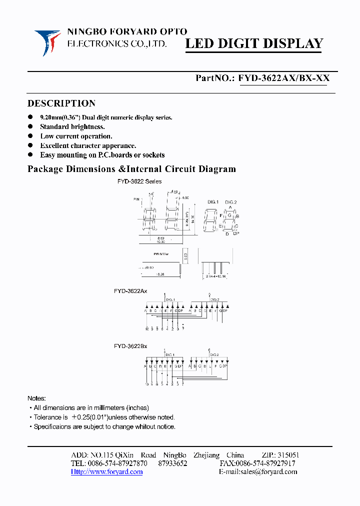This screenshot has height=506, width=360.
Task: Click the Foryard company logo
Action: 47,42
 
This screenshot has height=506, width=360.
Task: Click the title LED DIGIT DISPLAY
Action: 254,44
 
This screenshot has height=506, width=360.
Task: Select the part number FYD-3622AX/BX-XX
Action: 283,78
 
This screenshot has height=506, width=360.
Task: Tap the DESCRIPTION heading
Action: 61,103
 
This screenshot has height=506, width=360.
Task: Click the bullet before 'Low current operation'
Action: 30,136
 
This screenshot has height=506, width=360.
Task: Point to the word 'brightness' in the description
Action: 87,127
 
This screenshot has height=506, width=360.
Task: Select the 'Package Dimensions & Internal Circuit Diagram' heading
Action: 131,169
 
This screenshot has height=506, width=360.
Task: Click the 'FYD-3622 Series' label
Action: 139,181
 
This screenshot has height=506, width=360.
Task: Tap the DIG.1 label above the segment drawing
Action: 212,202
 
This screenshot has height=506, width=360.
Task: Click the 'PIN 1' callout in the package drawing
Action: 137,199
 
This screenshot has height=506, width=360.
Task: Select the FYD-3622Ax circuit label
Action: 130,291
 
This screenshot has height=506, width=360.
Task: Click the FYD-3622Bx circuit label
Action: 130,346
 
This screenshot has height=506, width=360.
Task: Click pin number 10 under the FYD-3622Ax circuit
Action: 146,329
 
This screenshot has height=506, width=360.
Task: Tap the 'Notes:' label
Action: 36,398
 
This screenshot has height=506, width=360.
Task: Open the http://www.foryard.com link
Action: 106,471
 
